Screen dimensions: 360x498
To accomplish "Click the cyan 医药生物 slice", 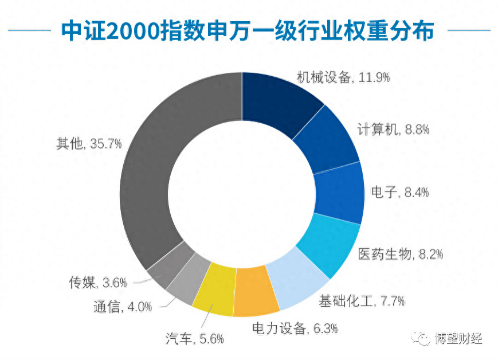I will pos(328,244).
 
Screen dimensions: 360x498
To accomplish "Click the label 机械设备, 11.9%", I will pos(343,77).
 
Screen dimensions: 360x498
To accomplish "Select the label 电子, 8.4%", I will pos(400,192).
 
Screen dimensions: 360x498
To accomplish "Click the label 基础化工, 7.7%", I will pos(362,300).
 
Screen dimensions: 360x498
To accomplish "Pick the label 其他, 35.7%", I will pos(89,143).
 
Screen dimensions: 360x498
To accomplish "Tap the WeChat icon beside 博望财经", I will pos(424,338).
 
